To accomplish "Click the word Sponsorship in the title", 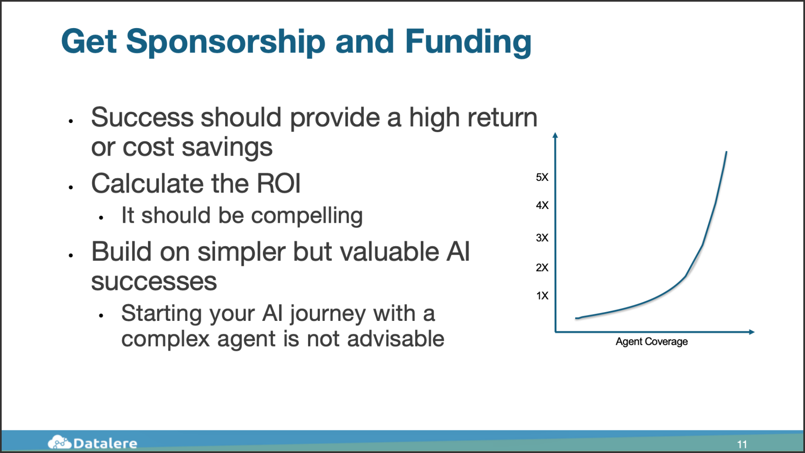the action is (x=226, y=42).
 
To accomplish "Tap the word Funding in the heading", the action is (x=468, y=42).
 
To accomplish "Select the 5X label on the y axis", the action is (x=542, y=177).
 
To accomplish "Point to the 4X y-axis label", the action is (x=542, y=205).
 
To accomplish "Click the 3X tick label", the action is (x=542, y=237).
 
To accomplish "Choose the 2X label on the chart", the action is (x=542, y=267).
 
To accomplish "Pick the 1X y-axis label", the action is (x=542, y=295).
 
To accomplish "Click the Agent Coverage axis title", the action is (x=652, y=342).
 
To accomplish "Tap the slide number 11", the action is (x=742, y=444).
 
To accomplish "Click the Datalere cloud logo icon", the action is (x=60, y=442).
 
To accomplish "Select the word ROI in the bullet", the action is (x=279, y=184).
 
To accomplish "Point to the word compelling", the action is (x=307, y=216).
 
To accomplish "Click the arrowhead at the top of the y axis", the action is (x=555, y=135).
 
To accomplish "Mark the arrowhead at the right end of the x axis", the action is (x=752, y=332).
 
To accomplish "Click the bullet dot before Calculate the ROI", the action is (x=71, y=187).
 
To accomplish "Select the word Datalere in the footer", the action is (x=105, y=443).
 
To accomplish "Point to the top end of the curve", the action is (x=727, y=152).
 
